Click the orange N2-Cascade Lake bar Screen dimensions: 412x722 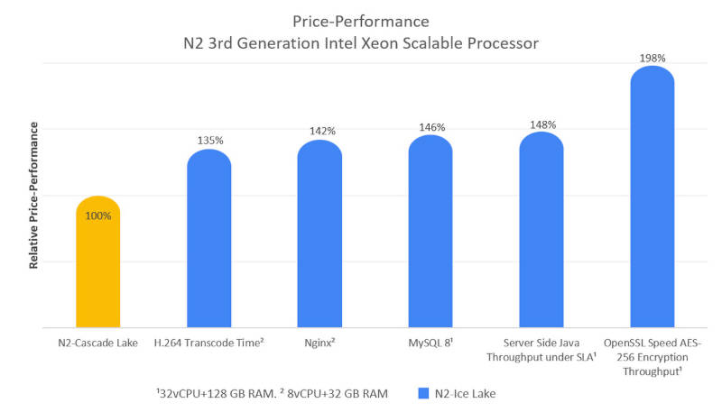[98, 266]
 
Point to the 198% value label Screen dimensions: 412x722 [653, 58]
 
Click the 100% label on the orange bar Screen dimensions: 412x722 [98, 215]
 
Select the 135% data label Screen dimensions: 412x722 [209, 140]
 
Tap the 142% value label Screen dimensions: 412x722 [320, 131]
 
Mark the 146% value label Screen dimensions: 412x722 [431, 127]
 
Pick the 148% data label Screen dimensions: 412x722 [542, 124]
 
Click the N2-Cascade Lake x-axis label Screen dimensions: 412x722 [98, 343]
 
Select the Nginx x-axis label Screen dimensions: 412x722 [320, 343]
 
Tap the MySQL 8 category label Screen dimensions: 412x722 [431, 343]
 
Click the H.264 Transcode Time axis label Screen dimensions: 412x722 [209, 343]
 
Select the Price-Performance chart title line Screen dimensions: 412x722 [361, 20]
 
